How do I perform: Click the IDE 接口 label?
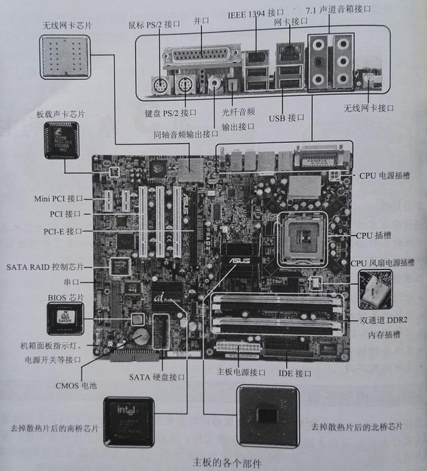point(294,373)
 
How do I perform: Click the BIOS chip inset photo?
point(65,318)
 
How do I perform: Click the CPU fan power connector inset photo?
point(375,288)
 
